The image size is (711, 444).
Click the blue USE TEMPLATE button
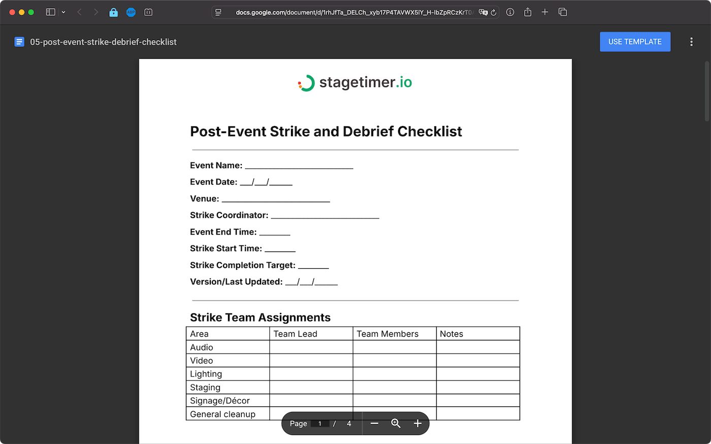click(x=635, y=42)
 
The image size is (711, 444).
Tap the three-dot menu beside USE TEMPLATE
click(x=691, y=42)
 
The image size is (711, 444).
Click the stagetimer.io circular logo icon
click(x=306, y=83)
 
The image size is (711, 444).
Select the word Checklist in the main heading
click(x=430, y=132)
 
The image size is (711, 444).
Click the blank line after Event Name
click(x=299, y=166)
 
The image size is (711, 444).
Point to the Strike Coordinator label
click(x=229, y=215)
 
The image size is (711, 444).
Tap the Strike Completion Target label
click(x=242, y=265)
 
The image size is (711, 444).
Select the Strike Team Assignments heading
click(x=260, y=318)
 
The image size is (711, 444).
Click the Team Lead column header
click(x=295, y=334)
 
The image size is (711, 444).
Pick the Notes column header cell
click(x=451, y=334)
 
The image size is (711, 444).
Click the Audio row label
click(x=202, y=347)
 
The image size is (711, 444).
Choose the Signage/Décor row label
click(x=220, y=401)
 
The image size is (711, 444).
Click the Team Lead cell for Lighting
click(x=311, y=374)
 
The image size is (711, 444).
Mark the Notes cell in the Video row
click(x=477, y=361)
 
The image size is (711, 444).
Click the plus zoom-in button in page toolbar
click(x=417, y=424)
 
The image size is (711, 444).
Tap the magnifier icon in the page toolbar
click(x=396, y=424)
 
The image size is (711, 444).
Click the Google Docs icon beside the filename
click(x=19, y=42)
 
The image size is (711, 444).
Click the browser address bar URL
click(x=353, y=12)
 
